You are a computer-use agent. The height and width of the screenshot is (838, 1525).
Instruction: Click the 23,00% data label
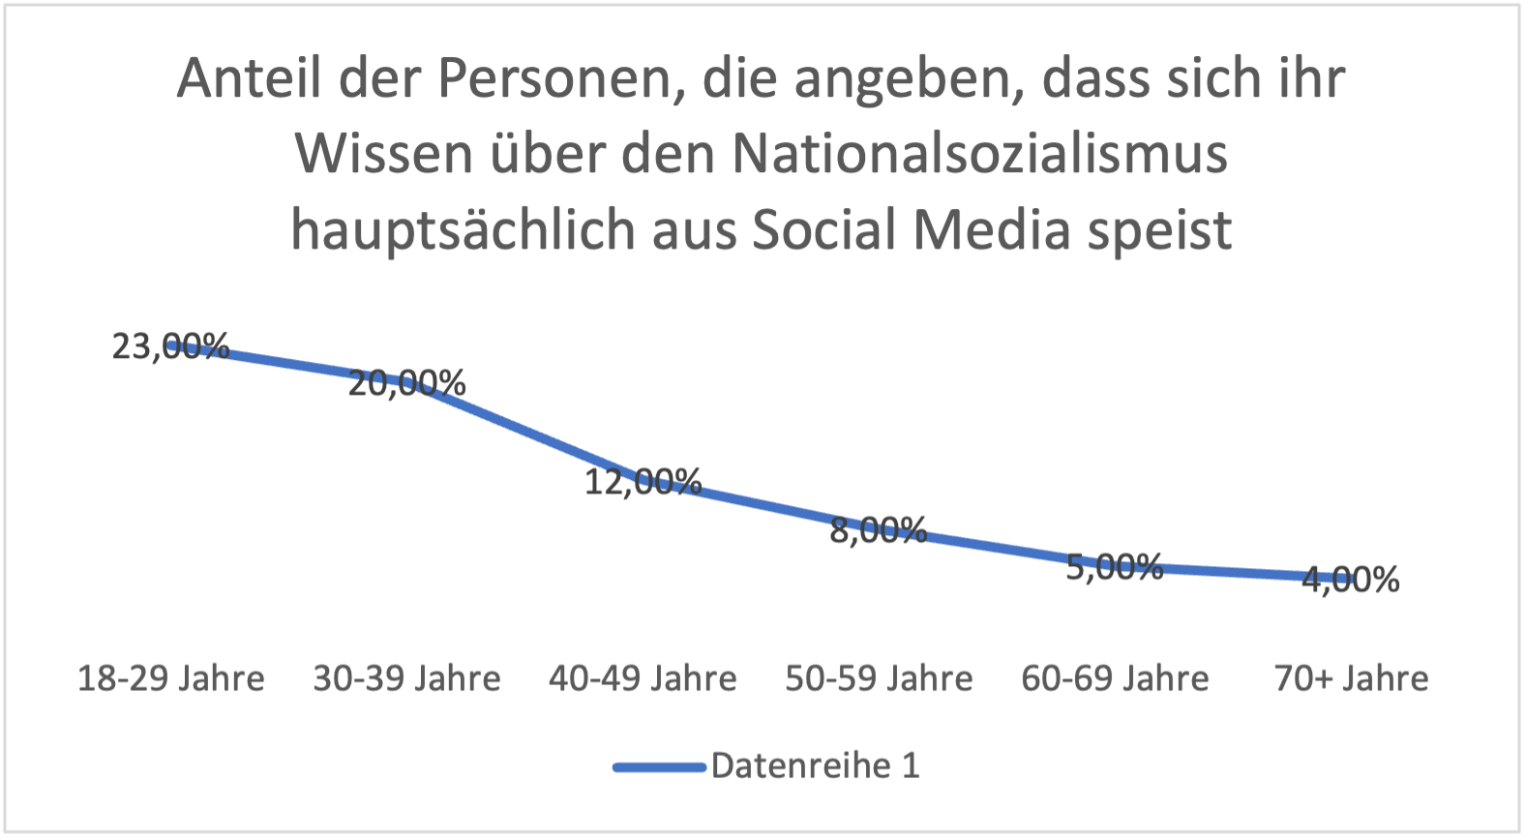coord(171,346)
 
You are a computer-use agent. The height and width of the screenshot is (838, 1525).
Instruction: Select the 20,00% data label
coord(407,384)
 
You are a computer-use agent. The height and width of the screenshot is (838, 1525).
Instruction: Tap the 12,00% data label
coord(643,481)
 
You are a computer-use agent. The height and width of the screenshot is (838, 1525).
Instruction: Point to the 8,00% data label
coord(879,530)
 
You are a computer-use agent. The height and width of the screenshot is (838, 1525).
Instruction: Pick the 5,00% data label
coord(1115,567)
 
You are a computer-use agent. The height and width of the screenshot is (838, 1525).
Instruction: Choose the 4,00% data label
coord(1351,580)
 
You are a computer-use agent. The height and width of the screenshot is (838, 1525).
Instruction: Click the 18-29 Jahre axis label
coord(171,679)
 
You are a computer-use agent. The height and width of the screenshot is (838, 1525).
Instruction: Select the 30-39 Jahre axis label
coord(407,679)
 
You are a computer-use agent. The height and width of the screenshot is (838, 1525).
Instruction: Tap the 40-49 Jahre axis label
coord(643,679)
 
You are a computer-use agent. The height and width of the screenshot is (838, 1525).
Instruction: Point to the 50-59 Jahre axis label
coord(879,679)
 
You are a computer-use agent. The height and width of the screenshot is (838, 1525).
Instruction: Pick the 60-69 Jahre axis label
coord(1115,679)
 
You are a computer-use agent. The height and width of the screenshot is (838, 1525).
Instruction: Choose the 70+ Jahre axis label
coord(1351,679)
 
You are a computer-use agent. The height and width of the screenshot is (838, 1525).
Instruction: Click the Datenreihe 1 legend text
coord(815,766)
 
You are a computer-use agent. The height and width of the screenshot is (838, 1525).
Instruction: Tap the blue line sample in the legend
coord(659,767)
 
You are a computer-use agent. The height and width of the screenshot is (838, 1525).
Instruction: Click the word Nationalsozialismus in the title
coord(979,154)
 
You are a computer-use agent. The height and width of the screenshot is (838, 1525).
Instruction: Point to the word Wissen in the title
coord(383,154)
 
